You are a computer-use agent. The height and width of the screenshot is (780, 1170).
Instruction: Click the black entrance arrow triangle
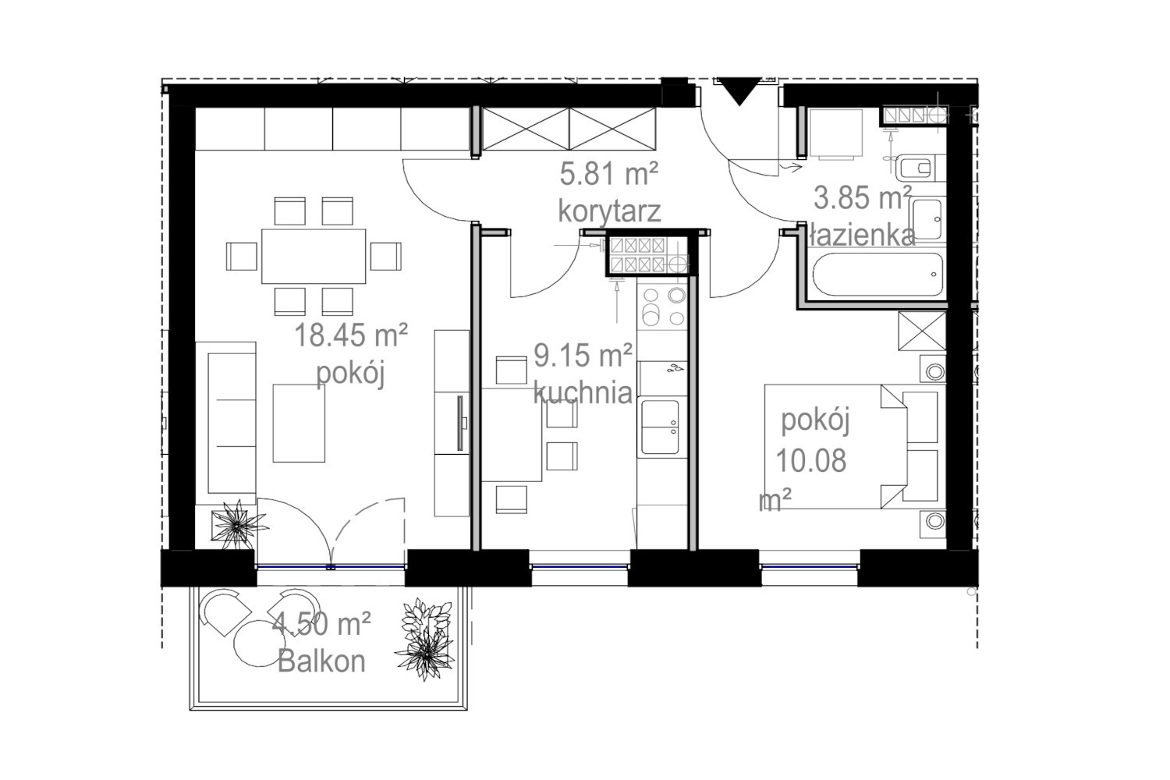(739, 89)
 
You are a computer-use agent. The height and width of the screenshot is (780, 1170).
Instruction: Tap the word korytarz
(609, 211)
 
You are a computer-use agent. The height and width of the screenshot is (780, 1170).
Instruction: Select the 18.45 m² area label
(351, 335)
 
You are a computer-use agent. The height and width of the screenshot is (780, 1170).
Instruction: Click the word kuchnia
(583, 393)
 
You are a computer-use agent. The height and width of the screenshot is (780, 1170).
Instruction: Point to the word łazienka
(862, 235)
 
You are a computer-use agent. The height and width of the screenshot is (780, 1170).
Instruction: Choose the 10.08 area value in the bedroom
(811, 461)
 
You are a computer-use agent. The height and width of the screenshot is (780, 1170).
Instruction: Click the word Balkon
(321, 661)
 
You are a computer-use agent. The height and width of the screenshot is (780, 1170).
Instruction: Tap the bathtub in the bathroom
(877, 275)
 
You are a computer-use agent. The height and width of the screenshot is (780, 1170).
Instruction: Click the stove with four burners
(662, 307)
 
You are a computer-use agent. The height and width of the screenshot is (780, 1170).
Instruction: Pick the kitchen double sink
(660, 427)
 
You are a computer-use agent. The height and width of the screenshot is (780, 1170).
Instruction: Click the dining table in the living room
(314, 256)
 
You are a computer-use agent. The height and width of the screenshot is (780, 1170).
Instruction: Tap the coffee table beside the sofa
(299, 424)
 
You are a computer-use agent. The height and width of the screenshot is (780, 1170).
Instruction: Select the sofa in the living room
(225, 424)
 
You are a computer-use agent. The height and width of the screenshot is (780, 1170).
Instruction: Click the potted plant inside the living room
(238, 525)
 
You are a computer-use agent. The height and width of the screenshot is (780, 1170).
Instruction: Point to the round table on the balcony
(260, 643)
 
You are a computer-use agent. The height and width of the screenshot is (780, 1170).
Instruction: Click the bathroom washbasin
(928, 218)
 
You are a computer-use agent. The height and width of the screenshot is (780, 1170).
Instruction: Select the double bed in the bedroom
(855, 447)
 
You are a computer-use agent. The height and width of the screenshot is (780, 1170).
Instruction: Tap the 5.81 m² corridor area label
(608, 174)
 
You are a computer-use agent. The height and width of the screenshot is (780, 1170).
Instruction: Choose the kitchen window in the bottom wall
(579, 566)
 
